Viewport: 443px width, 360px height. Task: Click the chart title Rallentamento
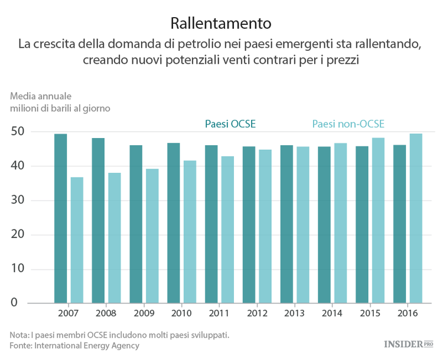(x=221, y=23)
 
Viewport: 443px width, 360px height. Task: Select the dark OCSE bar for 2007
(x=60, y=218)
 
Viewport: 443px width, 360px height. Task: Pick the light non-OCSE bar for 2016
(x=416, y=218)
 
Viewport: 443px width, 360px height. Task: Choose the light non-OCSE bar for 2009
(x=152, y=236)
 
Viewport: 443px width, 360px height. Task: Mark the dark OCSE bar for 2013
(x=286, y=224)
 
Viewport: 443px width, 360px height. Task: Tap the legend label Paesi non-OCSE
(x=348, y=124)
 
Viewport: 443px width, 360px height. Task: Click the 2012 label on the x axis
(x=257, y=313)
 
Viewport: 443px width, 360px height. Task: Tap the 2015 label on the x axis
(x=370, y=313)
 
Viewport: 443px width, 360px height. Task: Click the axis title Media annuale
(x=40, y=96)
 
